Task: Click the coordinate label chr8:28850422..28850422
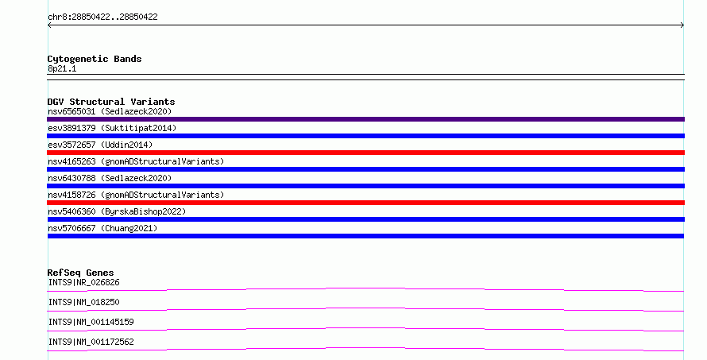click(102, 17)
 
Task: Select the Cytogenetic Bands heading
click(95, 59)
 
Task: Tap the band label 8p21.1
click(62, 68)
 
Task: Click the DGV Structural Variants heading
click(111, 102)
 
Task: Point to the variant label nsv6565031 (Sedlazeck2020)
click(110, 111)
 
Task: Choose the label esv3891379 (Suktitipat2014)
click(112, 128)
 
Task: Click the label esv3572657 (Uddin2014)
click(100, 145)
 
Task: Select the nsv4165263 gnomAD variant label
click(136, 161)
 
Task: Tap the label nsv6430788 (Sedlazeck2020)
click(110, 178)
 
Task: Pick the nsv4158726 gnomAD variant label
click(136, 195)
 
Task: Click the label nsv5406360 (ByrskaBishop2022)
click(117, 211)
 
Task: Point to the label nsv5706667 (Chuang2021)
click(102, 228)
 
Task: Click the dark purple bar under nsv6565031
click(365, 119)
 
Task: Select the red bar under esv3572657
click(365, 153)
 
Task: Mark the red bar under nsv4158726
click(365, 203)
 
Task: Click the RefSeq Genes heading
click(80, 273)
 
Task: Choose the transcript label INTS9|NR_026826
click(84, 282)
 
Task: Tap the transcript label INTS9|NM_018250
click(84, 302)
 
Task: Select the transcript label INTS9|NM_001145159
click(91, 322)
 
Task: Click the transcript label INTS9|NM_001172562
click(91, 342)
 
